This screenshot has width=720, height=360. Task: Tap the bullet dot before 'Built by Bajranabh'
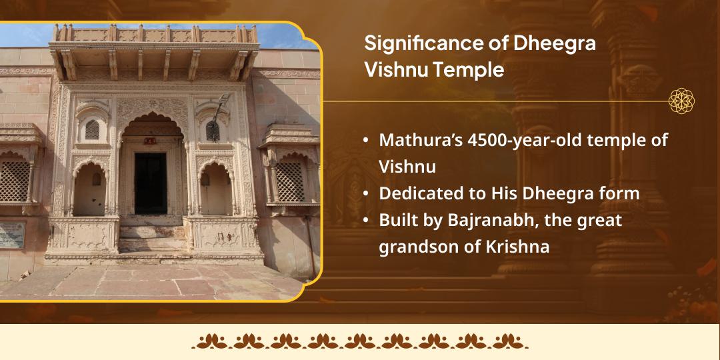tap(366, 220)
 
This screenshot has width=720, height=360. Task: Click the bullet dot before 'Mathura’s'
tap(366, 141)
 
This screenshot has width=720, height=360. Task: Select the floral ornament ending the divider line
tap(682, 101)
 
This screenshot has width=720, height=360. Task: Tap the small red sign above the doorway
tap(151, 141)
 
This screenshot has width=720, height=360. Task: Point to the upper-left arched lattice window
tap(92, 129)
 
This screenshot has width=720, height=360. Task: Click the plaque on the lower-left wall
tap(11, 234)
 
